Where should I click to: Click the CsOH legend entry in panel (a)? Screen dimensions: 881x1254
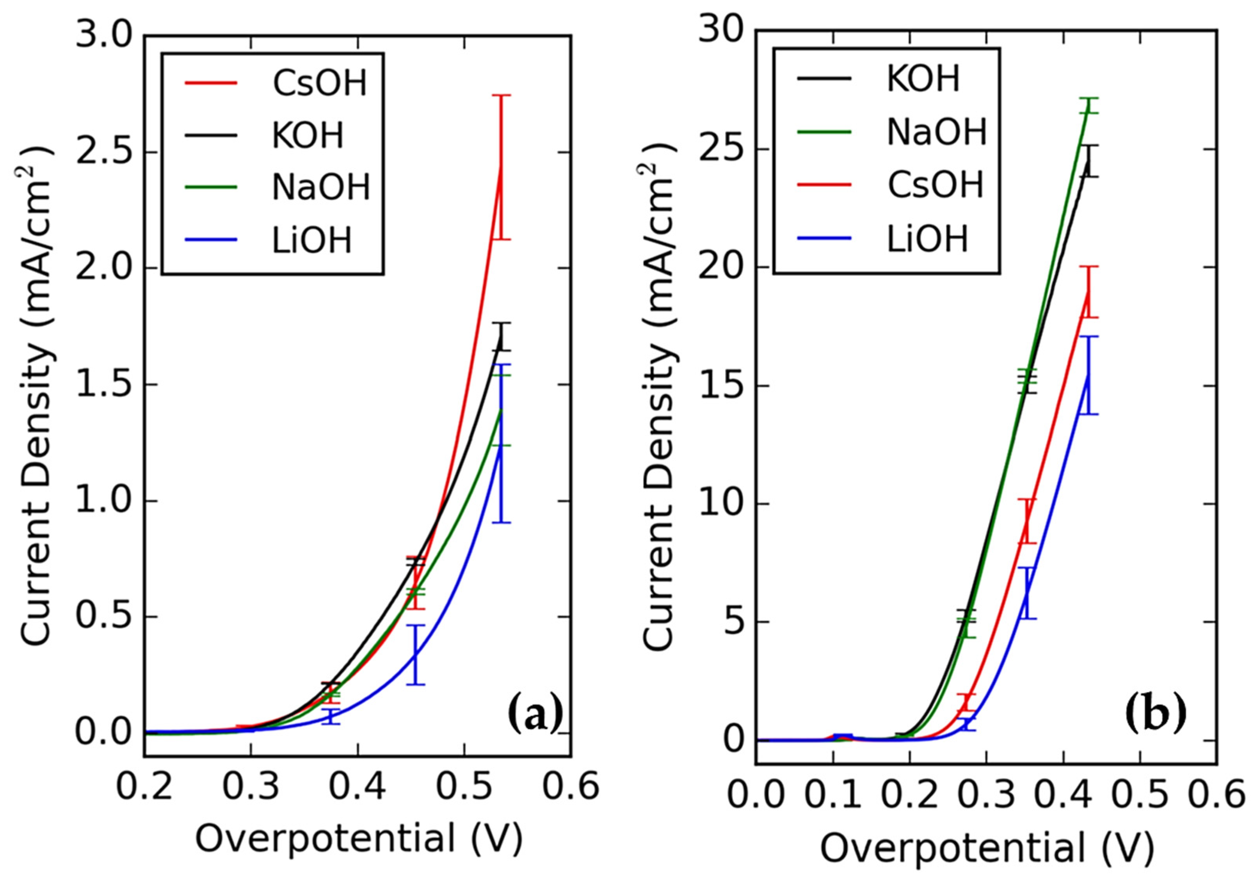[320, 83]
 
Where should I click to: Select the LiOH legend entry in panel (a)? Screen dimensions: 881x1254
[312, 240]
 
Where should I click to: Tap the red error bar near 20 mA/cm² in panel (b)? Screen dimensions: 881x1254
[1089, 291]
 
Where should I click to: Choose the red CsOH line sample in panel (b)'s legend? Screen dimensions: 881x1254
[824, 185]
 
